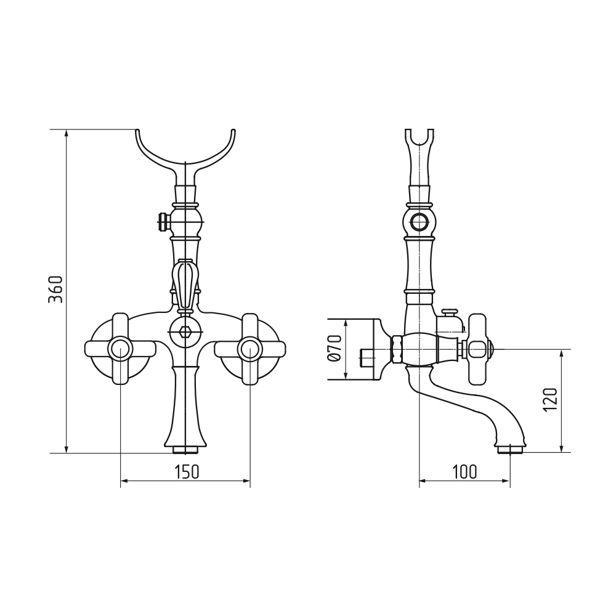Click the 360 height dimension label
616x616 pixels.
point(55,289)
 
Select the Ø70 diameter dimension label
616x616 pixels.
point(333,349)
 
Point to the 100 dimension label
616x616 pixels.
point(464,472)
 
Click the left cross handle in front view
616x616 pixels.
point(120,349)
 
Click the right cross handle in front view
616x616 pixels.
point(250,349)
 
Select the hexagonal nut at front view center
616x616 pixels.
point(185,332)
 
